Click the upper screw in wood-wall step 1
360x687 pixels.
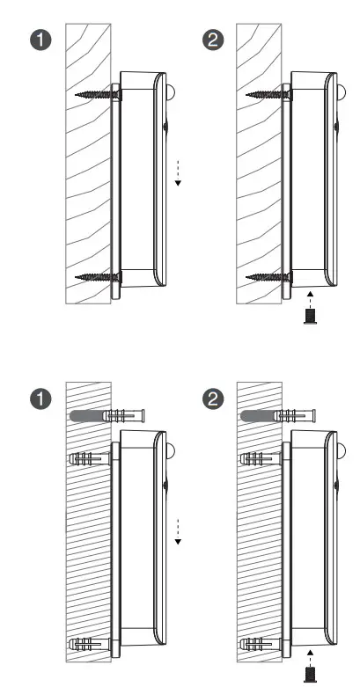click(x=97, y=93)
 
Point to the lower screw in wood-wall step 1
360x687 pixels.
click(x=97, y=278)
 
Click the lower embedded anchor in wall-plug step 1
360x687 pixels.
click(x=91, y=642)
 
